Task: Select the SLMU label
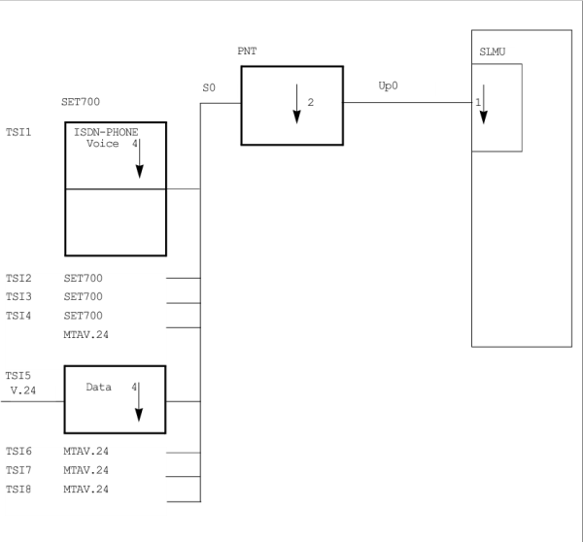click(494, 51)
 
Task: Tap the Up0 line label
click(388, 86)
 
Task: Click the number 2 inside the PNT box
click(310, 101)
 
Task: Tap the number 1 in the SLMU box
click(477, 102)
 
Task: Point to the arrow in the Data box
click(139, 401)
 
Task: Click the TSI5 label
click(18, 375)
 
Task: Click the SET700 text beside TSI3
click(83, 297)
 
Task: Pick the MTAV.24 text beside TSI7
click(86, 470)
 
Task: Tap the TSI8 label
click(18, 489)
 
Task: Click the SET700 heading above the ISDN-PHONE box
click(80, 101)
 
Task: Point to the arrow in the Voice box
click(139, 158)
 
